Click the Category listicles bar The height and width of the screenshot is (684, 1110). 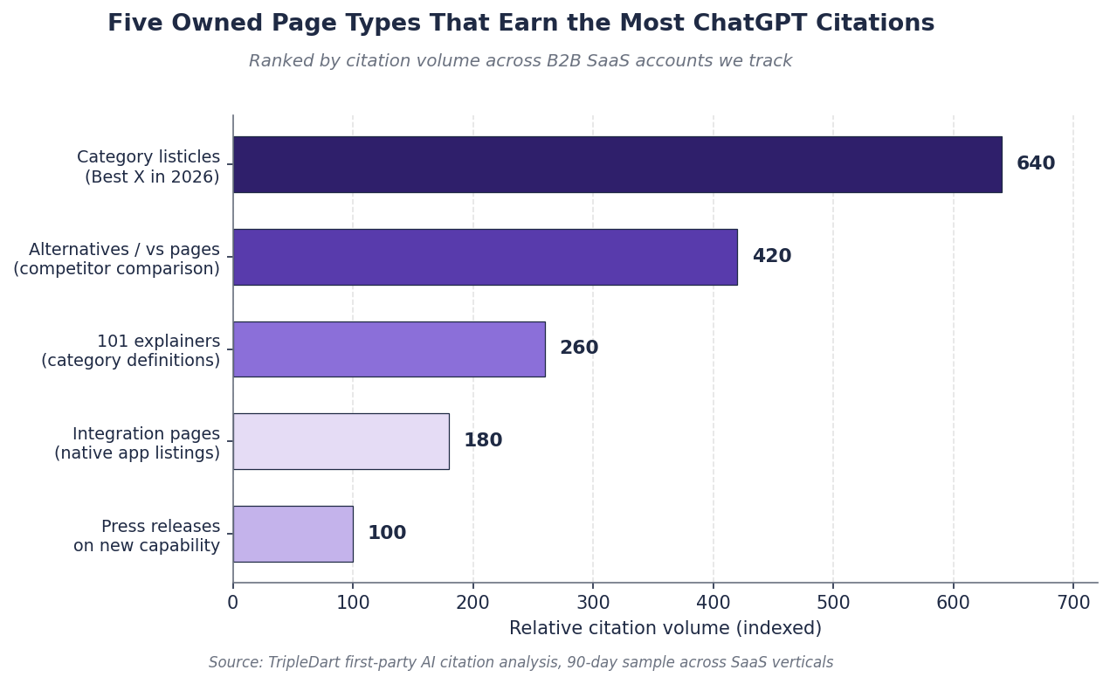tap(617, 164)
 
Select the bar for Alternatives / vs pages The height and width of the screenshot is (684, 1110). tap(485, 257)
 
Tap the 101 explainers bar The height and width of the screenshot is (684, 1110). tap(389, 349)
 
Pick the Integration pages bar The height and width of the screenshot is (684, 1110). tap(341, 442)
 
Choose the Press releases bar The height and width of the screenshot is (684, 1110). tap(293, 535)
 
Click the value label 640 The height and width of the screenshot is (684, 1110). tap(1036, 163)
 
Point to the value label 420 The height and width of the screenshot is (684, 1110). tap(772, 256)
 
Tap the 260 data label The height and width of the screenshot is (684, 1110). tap(579, 348)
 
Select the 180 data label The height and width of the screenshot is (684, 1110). tap(483, 440)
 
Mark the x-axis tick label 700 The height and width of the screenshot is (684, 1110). tap(1073, 603)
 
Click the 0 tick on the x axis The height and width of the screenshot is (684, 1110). tap(233, 603)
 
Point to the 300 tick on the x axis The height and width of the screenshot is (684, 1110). tap(593, 603)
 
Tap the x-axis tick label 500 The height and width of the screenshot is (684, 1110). tap(833, 603)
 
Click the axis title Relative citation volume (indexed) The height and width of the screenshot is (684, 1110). tap(665, 628)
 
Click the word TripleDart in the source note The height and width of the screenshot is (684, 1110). tap(297, 663)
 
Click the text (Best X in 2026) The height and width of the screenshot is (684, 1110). tap(152, 177)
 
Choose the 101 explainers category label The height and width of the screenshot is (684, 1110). tap(159, 341)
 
